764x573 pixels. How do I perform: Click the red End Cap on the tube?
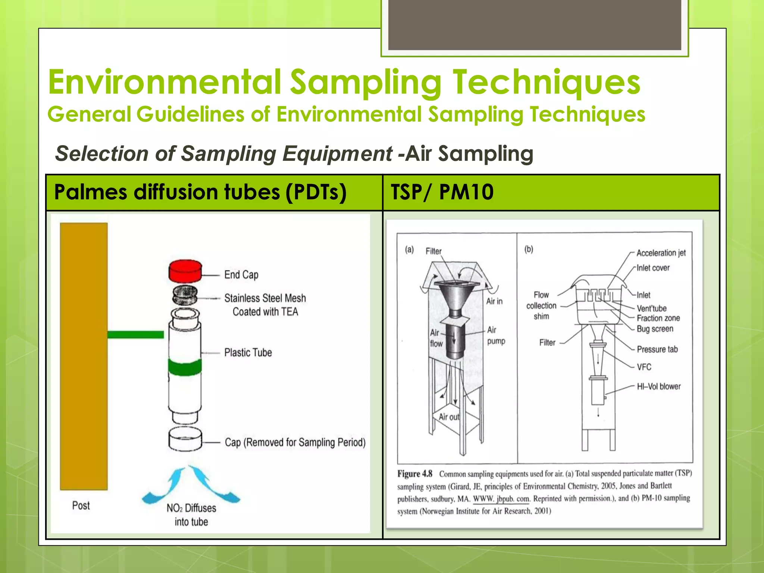pyautogui.click(x=185, y=271)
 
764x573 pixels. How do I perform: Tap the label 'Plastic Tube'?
pyautogui.click(x=248, y=353)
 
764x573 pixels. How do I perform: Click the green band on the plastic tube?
pyautogui.click(x=185, y=367)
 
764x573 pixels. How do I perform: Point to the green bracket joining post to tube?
pyautogui.click(x=135, y=334)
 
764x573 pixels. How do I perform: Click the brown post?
pyautogui.click(x=84, y=356)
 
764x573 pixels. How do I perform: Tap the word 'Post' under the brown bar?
pyautogui.click(x=81, y=505)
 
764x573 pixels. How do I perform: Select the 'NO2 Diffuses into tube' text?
pyautogui.click(x=191, y=514)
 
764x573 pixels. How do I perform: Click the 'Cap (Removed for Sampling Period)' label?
pyautogui.click(x=295, y=442)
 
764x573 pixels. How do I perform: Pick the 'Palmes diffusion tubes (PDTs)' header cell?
pyautogui.click(x=214, y=192)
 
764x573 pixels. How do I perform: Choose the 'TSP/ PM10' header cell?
pyautogui.click(x=551, y=192)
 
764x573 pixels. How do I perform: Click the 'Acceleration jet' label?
pyautogui.click(x=661, y=253)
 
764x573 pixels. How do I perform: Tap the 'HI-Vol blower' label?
pyautogui.click(x=658, y=386)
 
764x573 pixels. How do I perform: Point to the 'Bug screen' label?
pyautogui.click(x=655, y=329)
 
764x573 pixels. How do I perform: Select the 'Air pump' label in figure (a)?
pyautogui.click(x=496, y=335)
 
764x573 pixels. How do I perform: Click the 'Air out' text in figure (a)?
pyautogui.click(x=449, y=417)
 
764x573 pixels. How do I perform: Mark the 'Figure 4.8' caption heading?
pyautogui.click(x=414, y=474)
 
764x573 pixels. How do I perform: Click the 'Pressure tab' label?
pyautogui.click(x=657, y=349)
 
